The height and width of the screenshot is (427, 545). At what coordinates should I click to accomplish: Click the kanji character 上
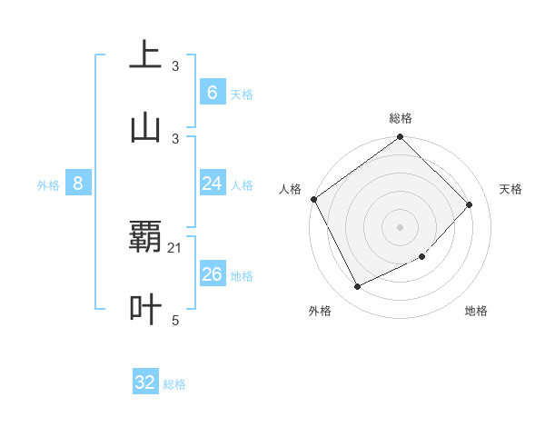(145, 55)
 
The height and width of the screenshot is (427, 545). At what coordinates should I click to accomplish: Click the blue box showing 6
(212, 93)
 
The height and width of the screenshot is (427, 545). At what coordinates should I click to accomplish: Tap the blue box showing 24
(212, 184)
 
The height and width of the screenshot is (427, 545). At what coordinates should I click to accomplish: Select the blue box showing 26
(212, 274)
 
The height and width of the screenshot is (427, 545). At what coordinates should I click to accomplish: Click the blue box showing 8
(78, 184)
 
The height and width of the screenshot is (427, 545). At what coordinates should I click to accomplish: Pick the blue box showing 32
(145, 382)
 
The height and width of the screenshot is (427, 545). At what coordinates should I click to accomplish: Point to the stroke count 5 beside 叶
(175, 320)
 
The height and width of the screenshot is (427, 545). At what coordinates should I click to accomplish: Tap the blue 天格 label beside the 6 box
(242, 94)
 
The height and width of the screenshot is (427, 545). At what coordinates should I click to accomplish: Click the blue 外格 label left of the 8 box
(48, 185)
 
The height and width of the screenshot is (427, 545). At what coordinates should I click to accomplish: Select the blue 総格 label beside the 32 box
(174, 384)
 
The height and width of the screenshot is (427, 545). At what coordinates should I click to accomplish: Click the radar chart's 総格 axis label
(401, 118)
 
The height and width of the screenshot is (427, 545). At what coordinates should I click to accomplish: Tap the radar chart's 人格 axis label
(290, 189)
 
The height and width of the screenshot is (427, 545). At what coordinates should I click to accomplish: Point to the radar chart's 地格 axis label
(476, 311)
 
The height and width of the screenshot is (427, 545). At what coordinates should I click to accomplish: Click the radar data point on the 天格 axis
(470, 204)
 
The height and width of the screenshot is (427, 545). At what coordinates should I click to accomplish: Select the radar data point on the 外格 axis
(357, 287)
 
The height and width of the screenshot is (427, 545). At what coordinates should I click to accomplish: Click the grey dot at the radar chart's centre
(401, 227)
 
